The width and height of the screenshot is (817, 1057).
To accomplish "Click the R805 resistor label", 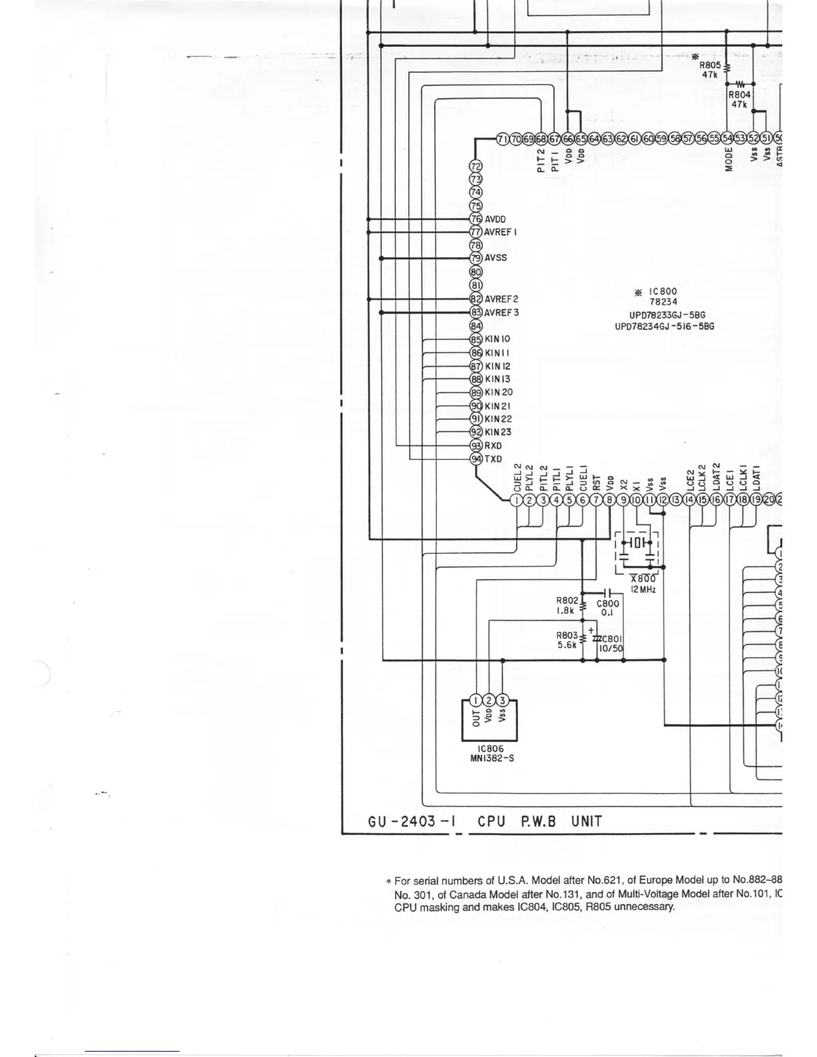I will tap(710, 65).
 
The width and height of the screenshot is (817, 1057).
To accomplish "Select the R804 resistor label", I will tap(739, 95).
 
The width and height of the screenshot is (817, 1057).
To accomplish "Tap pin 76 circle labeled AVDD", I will tap(476, 219).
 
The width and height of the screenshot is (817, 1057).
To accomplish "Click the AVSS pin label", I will tap(495, 258).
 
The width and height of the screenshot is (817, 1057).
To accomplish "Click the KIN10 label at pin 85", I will tap(497, 339).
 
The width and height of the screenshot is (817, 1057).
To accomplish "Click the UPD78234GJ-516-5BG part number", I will tap(664, 326).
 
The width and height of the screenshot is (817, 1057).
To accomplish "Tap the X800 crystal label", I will tap(643, 579).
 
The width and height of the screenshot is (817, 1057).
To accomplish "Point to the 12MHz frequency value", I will tap(643, 590).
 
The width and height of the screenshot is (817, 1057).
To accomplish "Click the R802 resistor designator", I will tap(567, 601).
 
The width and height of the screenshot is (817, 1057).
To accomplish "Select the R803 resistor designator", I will tap(567, 636).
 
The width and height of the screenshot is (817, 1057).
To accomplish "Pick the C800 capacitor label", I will tap(607, 603).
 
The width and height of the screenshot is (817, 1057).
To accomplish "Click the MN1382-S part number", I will tap(492, 758).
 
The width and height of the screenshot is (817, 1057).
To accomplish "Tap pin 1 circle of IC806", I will tap(475, 700).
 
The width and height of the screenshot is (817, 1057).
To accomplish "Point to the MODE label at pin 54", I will tap(729, 159).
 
